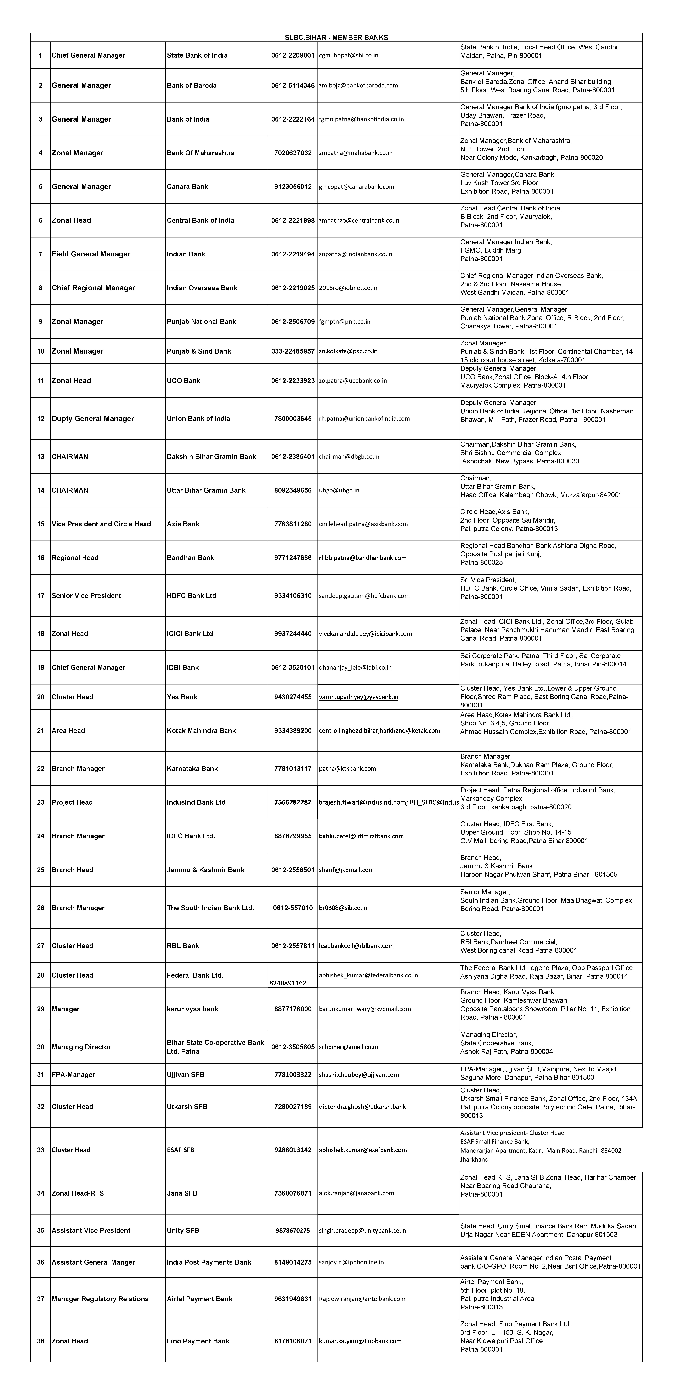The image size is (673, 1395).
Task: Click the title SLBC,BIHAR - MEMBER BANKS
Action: click(336, 37)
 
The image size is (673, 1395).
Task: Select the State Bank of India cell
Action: click(197, 55)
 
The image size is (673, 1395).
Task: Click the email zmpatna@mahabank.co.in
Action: click(356, 153)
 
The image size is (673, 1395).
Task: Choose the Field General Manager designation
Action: click(91, 254)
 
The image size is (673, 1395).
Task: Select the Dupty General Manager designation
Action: click(93, 419)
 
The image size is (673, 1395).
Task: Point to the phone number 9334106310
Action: click(292, 596)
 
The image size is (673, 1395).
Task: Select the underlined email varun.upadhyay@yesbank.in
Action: click(358, 697)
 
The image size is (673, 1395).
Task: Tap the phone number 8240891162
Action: click(288, 983)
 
